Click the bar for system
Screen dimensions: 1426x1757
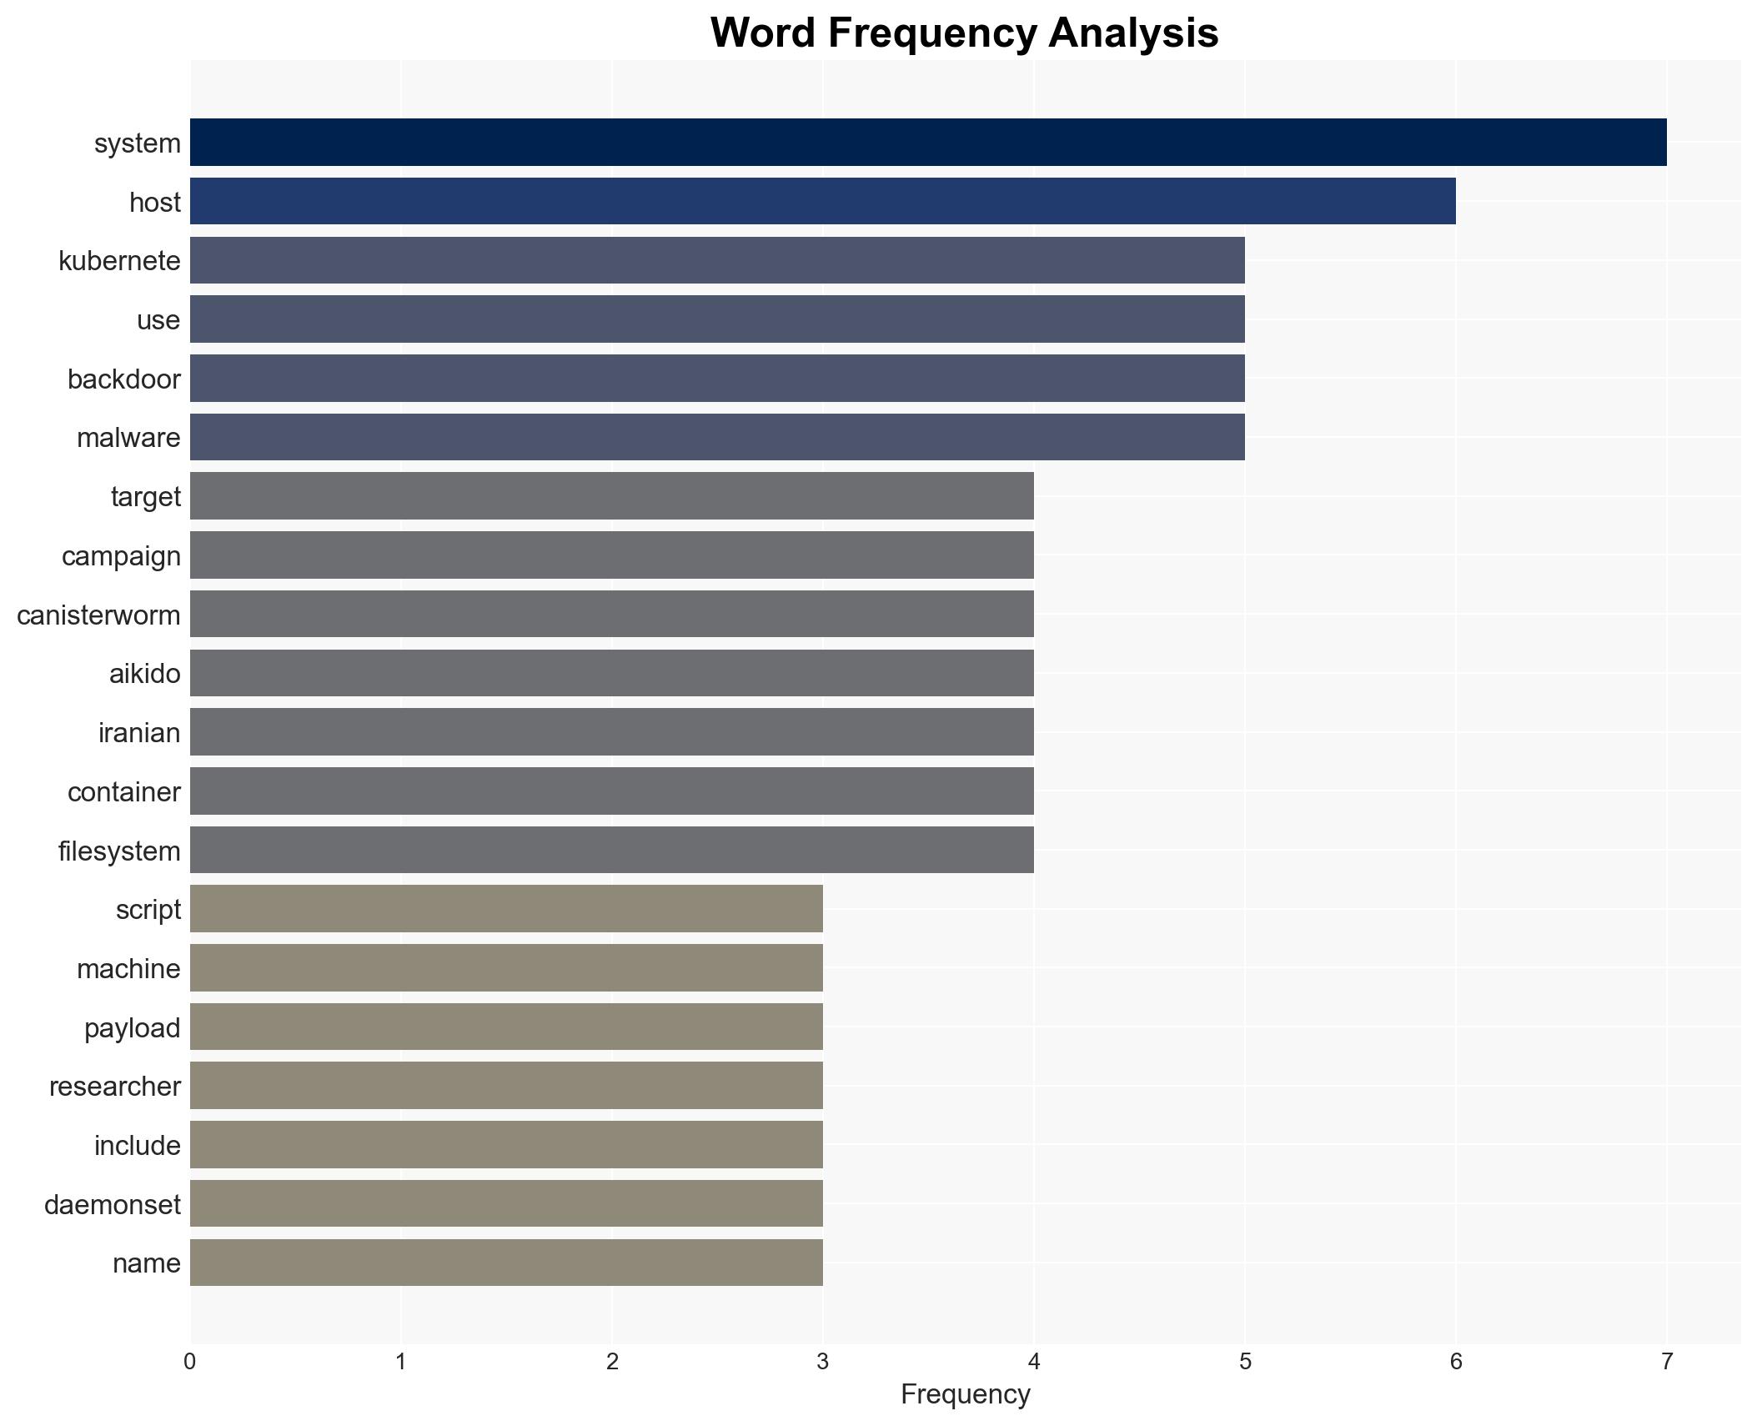[x=927, y=143]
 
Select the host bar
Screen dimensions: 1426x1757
[x=822, y=202]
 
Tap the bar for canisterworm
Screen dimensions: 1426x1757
[x=611, y=615]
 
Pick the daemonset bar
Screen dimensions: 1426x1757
[x=506, y=1204]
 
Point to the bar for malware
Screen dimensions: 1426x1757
[x=717, y=438]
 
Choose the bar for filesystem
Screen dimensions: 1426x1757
[x=611, y=851]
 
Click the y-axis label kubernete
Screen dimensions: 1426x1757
[x=119, y=262]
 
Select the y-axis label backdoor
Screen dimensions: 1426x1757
[x=123, y=379]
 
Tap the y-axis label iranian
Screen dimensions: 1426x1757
[x=139, y=733]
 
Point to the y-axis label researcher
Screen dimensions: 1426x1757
[x=115, y=1087]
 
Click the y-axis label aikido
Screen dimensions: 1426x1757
[x=144, y=674]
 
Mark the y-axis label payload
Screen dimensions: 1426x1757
[x=132, y=1028]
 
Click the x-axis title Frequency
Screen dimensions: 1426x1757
[x=965, y=1394]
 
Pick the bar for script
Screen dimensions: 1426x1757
[x=506, y=909]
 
